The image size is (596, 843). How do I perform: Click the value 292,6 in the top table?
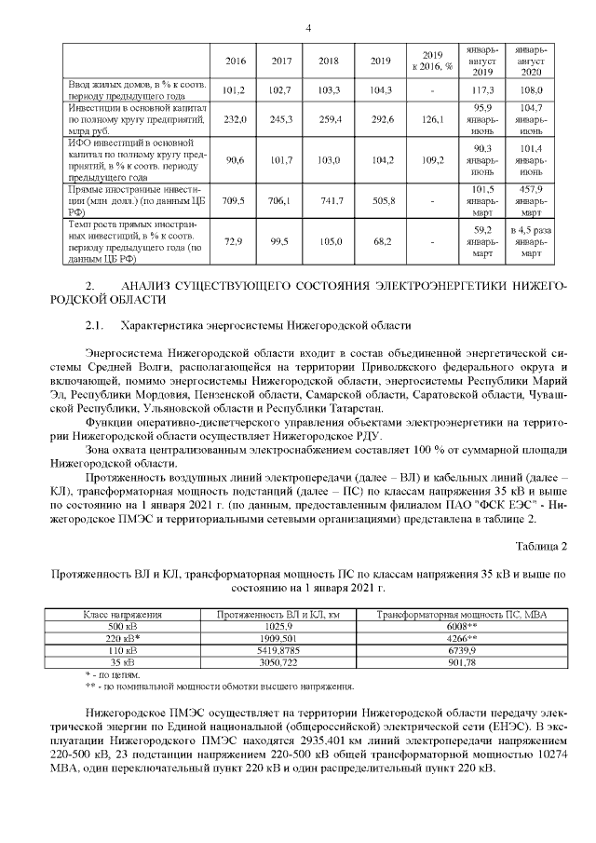[380, 119]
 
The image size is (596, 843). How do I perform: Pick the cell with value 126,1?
[432, 119]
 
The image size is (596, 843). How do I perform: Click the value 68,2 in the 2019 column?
[380, 241]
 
